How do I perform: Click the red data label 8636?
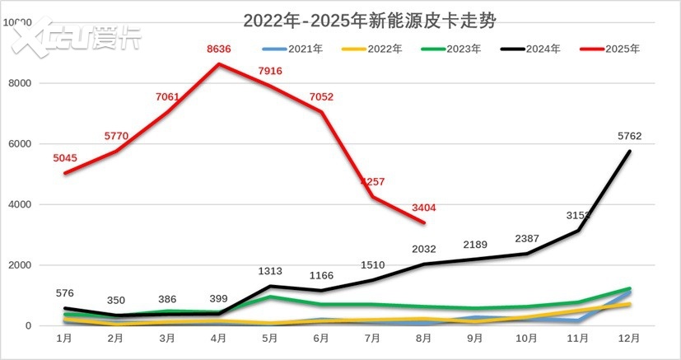[x=218, y=49]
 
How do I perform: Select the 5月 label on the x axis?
[x=269, y=338]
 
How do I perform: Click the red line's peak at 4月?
[x=218, y=64]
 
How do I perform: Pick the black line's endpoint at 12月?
[x=630, y=151]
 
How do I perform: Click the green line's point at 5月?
[x=269, y=297]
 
